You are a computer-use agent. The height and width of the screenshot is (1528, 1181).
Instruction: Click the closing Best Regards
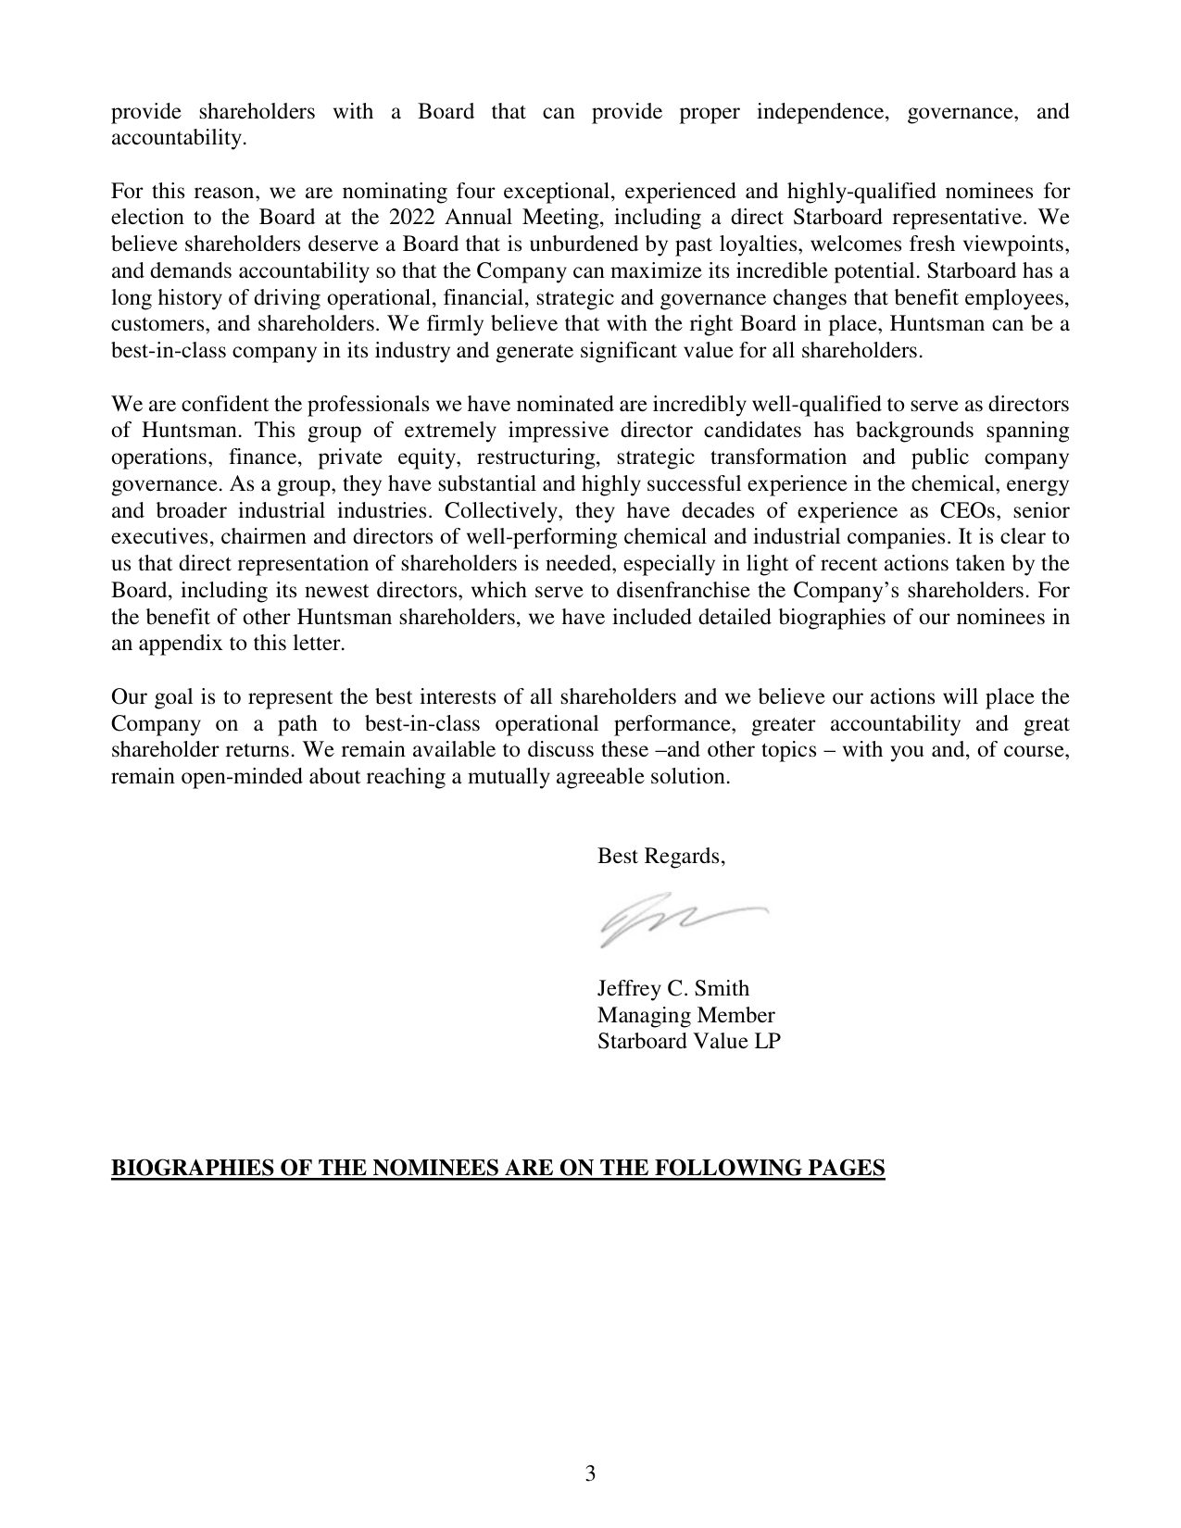coord(660,857)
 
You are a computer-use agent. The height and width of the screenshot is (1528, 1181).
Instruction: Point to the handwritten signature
coord(683,920)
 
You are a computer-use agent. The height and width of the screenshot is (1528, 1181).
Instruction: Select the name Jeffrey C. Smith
coord(672,989)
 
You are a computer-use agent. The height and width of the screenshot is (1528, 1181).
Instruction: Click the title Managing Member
coord(685,1015)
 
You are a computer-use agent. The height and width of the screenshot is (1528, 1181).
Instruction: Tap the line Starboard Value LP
coord(688,1041)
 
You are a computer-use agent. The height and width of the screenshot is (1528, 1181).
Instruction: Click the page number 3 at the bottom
coord(590,1474)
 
